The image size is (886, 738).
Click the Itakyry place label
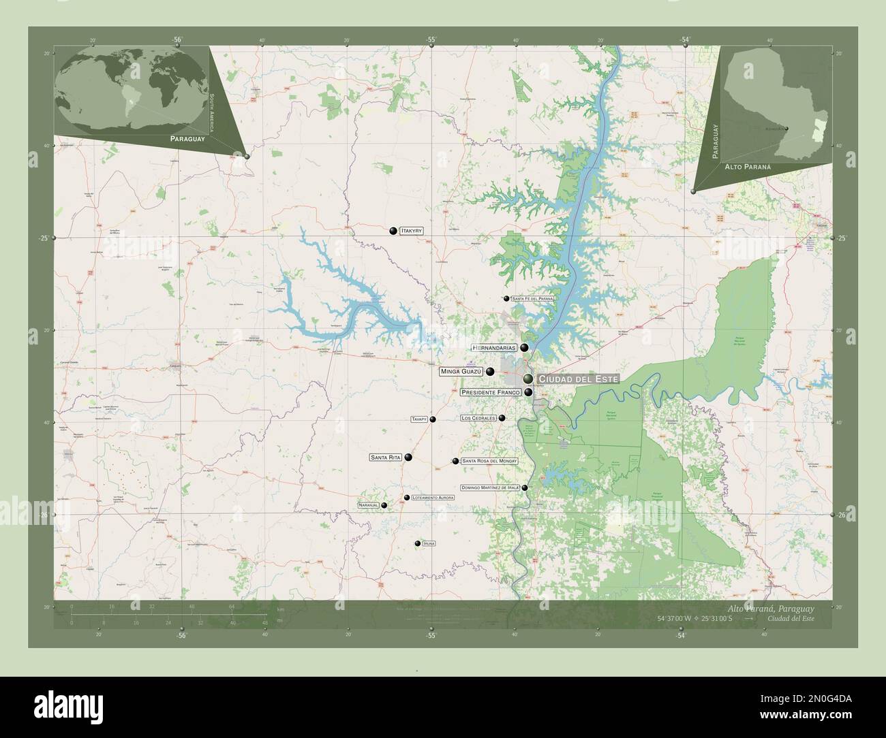click(x=412, y=231)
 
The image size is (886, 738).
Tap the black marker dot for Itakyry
click(x=393, y=231)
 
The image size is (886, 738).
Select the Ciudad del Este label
click(x=577, y=379)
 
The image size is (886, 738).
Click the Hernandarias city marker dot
click(x=524, y=348)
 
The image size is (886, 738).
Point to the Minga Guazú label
click(x=461, y=372)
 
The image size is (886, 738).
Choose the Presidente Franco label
click(x=491, y=393)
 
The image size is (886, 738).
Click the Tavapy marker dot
click(x=433, y=419)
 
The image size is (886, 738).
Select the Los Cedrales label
click(x=478, y=418)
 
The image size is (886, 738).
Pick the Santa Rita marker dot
click(x=408, y=458)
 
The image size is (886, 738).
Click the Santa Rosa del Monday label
click(x=489, y=462)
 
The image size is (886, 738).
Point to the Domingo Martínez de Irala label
click(x=490, y=488)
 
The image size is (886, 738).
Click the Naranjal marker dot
click(x=384, y=505)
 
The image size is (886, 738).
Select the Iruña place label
click(x=429, y=543)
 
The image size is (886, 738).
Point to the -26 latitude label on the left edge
click(x=45, y=515)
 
